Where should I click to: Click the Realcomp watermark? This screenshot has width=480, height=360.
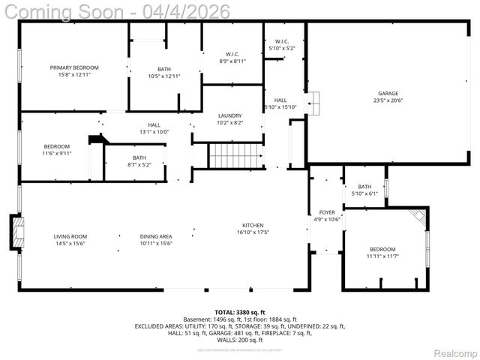456,352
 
